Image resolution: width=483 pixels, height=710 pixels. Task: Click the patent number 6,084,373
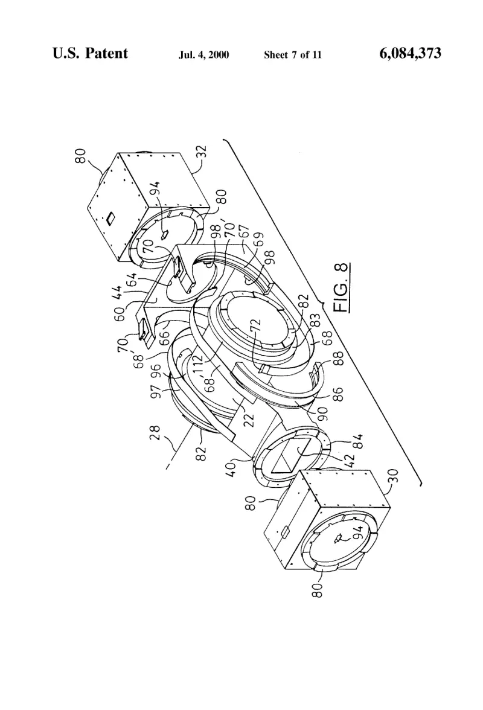(410, 53)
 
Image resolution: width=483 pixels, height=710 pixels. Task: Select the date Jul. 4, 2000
(203, 55)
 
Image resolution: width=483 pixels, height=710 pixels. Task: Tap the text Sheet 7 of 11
(293, 55)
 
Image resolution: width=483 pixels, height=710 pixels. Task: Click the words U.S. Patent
(90, 53)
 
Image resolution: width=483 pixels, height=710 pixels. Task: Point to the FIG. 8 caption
(342, 287)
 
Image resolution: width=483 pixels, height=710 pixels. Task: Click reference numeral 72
(256, 327)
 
